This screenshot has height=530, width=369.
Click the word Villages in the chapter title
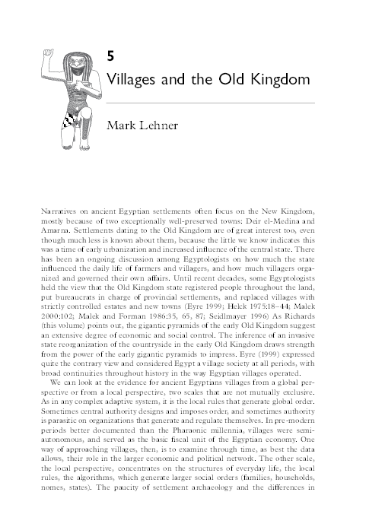pos(135,78)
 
